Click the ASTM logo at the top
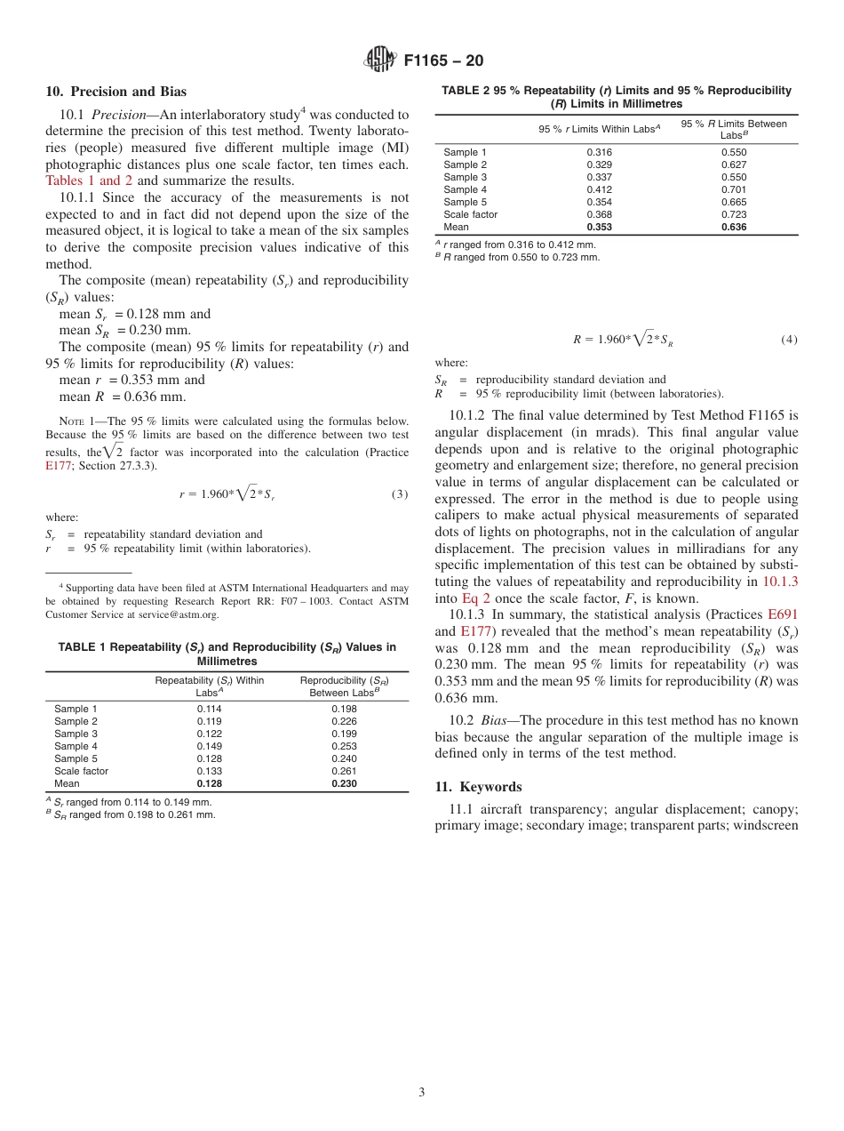pos(379,60)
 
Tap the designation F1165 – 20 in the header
pos(443,61)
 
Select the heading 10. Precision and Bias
pos(116,92)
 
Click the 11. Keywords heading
pos(478,787)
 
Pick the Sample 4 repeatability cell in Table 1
pos(209,747)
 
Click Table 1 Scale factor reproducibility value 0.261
pos(344,772)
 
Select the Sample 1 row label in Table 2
pos(465,152)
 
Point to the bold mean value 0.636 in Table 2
pos(734,227)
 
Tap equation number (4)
pos(789,340)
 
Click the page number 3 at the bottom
pos(422,1092)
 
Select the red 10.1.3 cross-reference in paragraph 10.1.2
pos(780,582)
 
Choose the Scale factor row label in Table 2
pos(470,214)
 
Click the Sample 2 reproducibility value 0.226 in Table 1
pos(344,722)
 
